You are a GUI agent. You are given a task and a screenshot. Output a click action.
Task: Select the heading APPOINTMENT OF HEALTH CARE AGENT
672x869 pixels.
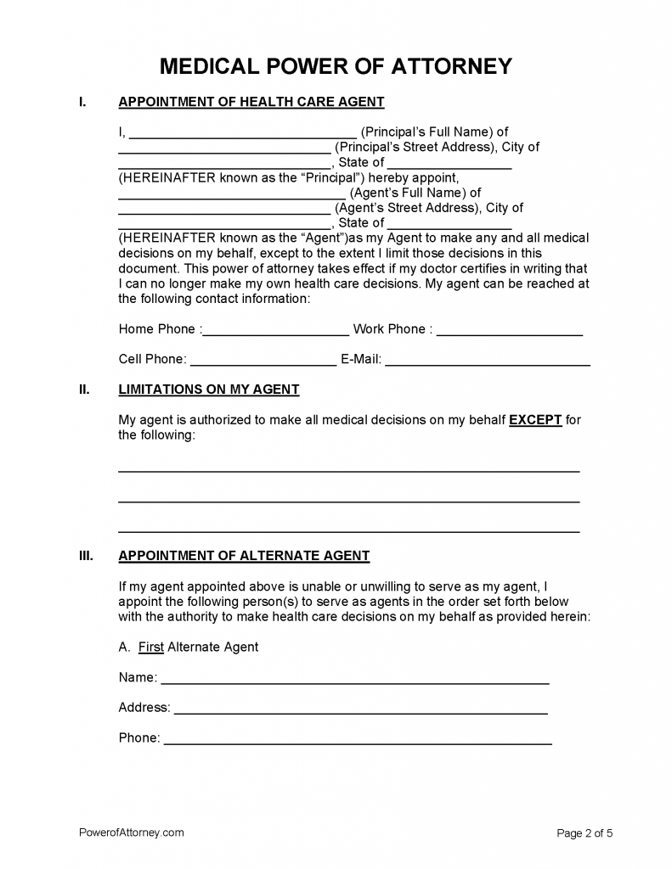(x=251, y=103)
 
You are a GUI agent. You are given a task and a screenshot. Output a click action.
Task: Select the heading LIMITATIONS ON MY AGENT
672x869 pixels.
(x=209, y=390)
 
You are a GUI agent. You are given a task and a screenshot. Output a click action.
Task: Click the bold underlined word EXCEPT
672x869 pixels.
(x=535, y=420)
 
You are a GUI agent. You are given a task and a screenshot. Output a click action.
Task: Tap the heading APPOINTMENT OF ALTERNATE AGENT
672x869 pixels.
(x=244, y=557)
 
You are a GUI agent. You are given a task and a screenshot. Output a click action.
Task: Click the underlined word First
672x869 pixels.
(x=151, y=648)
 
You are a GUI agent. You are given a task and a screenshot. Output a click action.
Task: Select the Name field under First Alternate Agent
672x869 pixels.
(x=354, y=679)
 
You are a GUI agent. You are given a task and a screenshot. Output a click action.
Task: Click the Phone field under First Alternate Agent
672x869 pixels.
(x=357, y=739)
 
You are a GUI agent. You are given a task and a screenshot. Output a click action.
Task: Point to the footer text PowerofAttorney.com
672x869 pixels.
(x=131, y=833)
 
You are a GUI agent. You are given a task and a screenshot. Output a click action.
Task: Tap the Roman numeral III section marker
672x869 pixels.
(x=85, y=557)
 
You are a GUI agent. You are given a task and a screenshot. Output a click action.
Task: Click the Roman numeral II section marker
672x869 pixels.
(x=83, y=390)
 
